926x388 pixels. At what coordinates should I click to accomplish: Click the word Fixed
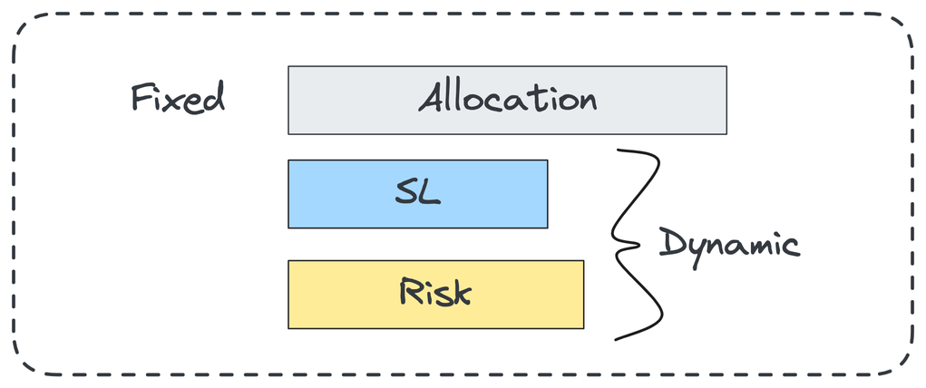pos(178,98)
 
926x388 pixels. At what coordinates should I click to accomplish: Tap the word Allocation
pos(507,98)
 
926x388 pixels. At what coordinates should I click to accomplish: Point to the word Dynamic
pos(728,245)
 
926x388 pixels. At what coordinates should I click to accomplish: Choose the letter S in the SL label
pos(405,193)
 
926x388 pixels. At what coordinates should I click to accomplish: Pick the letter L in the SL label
pos(430,192)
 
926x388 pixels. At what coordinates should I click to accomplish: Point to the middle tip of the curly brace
pos(618,245)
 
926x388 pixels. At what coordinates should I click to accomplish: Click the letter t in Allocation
pos(535,97)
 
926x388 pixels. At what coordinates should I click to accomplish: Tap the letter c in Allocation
pos(496,101)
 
